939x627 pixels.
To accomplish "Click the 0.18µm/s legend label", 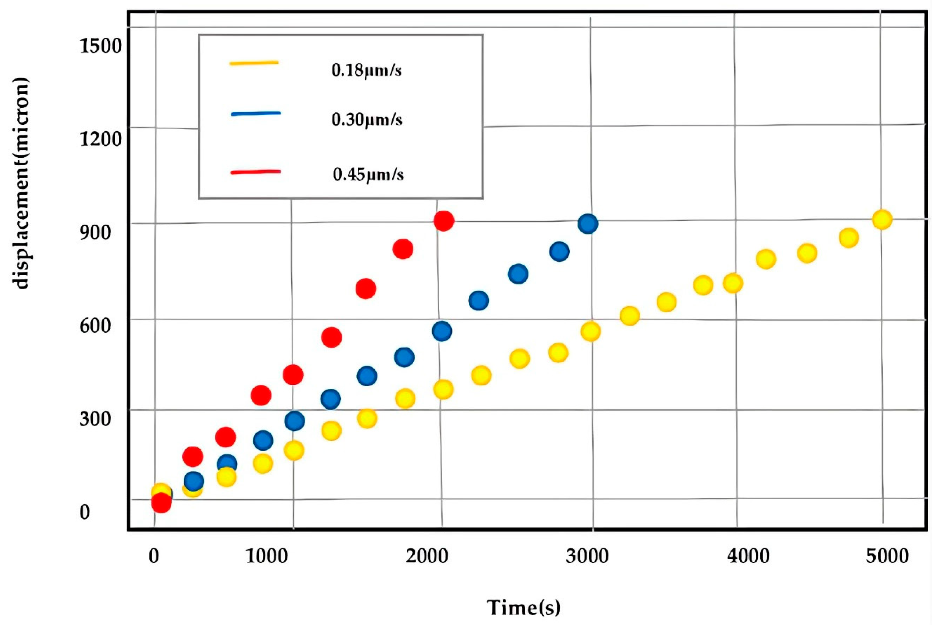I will pos(366,71).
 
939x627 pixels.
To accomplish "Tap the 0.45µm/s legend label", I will pos(368,175).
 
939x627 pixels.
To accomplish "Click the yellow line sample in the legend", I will pos(254,63).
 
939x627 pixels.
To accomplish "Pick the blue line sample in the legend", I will pos(256,114).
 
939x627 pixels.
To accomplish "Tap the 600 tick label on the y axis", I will pos(95,326).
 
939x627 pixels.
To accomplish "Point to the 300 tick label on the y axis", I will pos(95,419).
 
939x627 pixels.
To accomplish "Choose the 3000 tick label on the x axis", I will pos(587,556).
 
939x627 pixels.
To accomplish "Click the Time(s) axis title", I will pos(524,607).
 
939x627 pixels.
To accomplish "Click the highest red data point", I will pos(444,221).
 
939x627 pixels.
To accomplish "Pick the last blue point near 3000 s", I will pos(588,223).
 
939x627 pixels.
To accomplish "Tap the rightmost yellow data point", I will pos(882,220).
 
